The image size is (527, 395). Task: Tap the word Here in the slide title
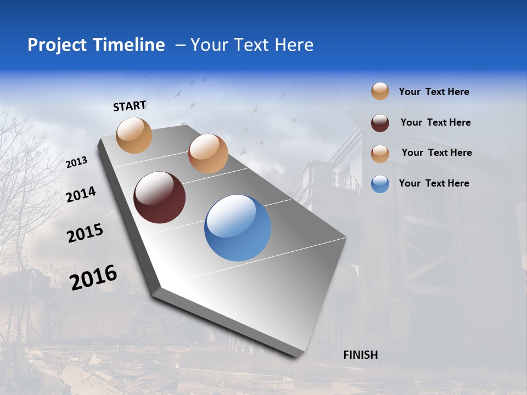pyautogui.click(x=294, y=45)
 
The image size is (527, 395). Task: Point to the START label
pyautogui.click(x=130, y=106)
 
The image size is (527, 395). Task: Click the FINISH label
pyautogui.click(x=360, y=355)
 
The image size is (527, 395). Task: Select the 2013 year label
pyautogui.click(x=76, y=162)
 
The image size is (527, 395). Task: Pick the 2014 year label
pyautogui.click(x=81, y=195)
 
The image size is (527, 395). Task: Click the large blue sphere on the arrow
pyautogui.click(x=237, y=228)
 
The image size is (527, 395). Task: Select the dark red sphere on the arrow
pyautogui.click(x=159, y=198)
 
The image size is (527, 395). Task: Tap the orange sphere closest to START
pyautogui.click(x=134, y=135)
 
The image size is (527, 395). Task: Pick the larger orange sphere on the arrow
pyautogui.click(x=208, y=154)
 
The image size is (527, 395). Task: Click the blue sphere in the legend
pyautogui.click(x=380, y=184)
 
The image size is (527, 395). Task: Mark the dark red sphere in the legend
pyautogui.click(x=380, y=123)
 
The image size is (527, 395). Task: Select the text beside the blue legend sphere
pyautogui.click(x=434, y=183)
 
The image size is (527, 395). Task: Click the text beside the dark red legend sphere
pyautogui.click(x=435, y=122)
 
